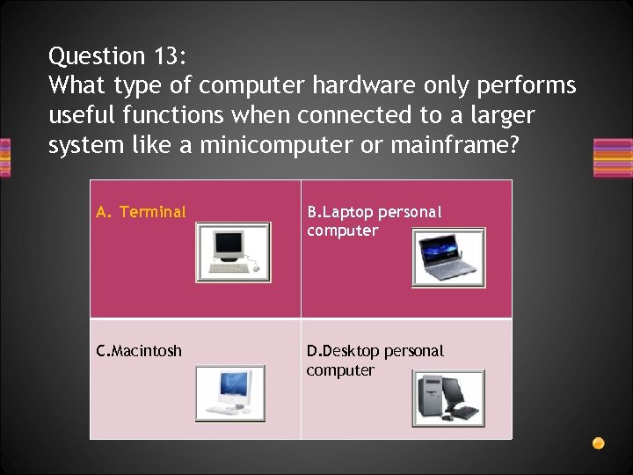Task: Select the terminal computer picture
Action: pos(232,252)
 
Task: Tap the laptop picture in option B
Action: pos(448,258)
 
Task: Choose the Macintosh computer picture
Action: pos(229,393)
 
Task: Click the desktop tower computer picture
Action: pos(448,398)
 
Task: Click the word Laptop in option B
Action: pos(352,212)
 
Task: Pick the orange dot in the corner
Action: pos(598,442)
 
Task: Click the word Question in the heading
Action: pos(97,56)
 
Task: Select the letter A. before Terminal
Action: pos(104,212)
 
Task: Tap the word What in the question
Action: pos(74,85)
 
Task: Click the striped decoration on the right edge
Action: pos(613,158)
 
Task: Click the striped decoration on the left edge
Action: pos(4,158)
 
